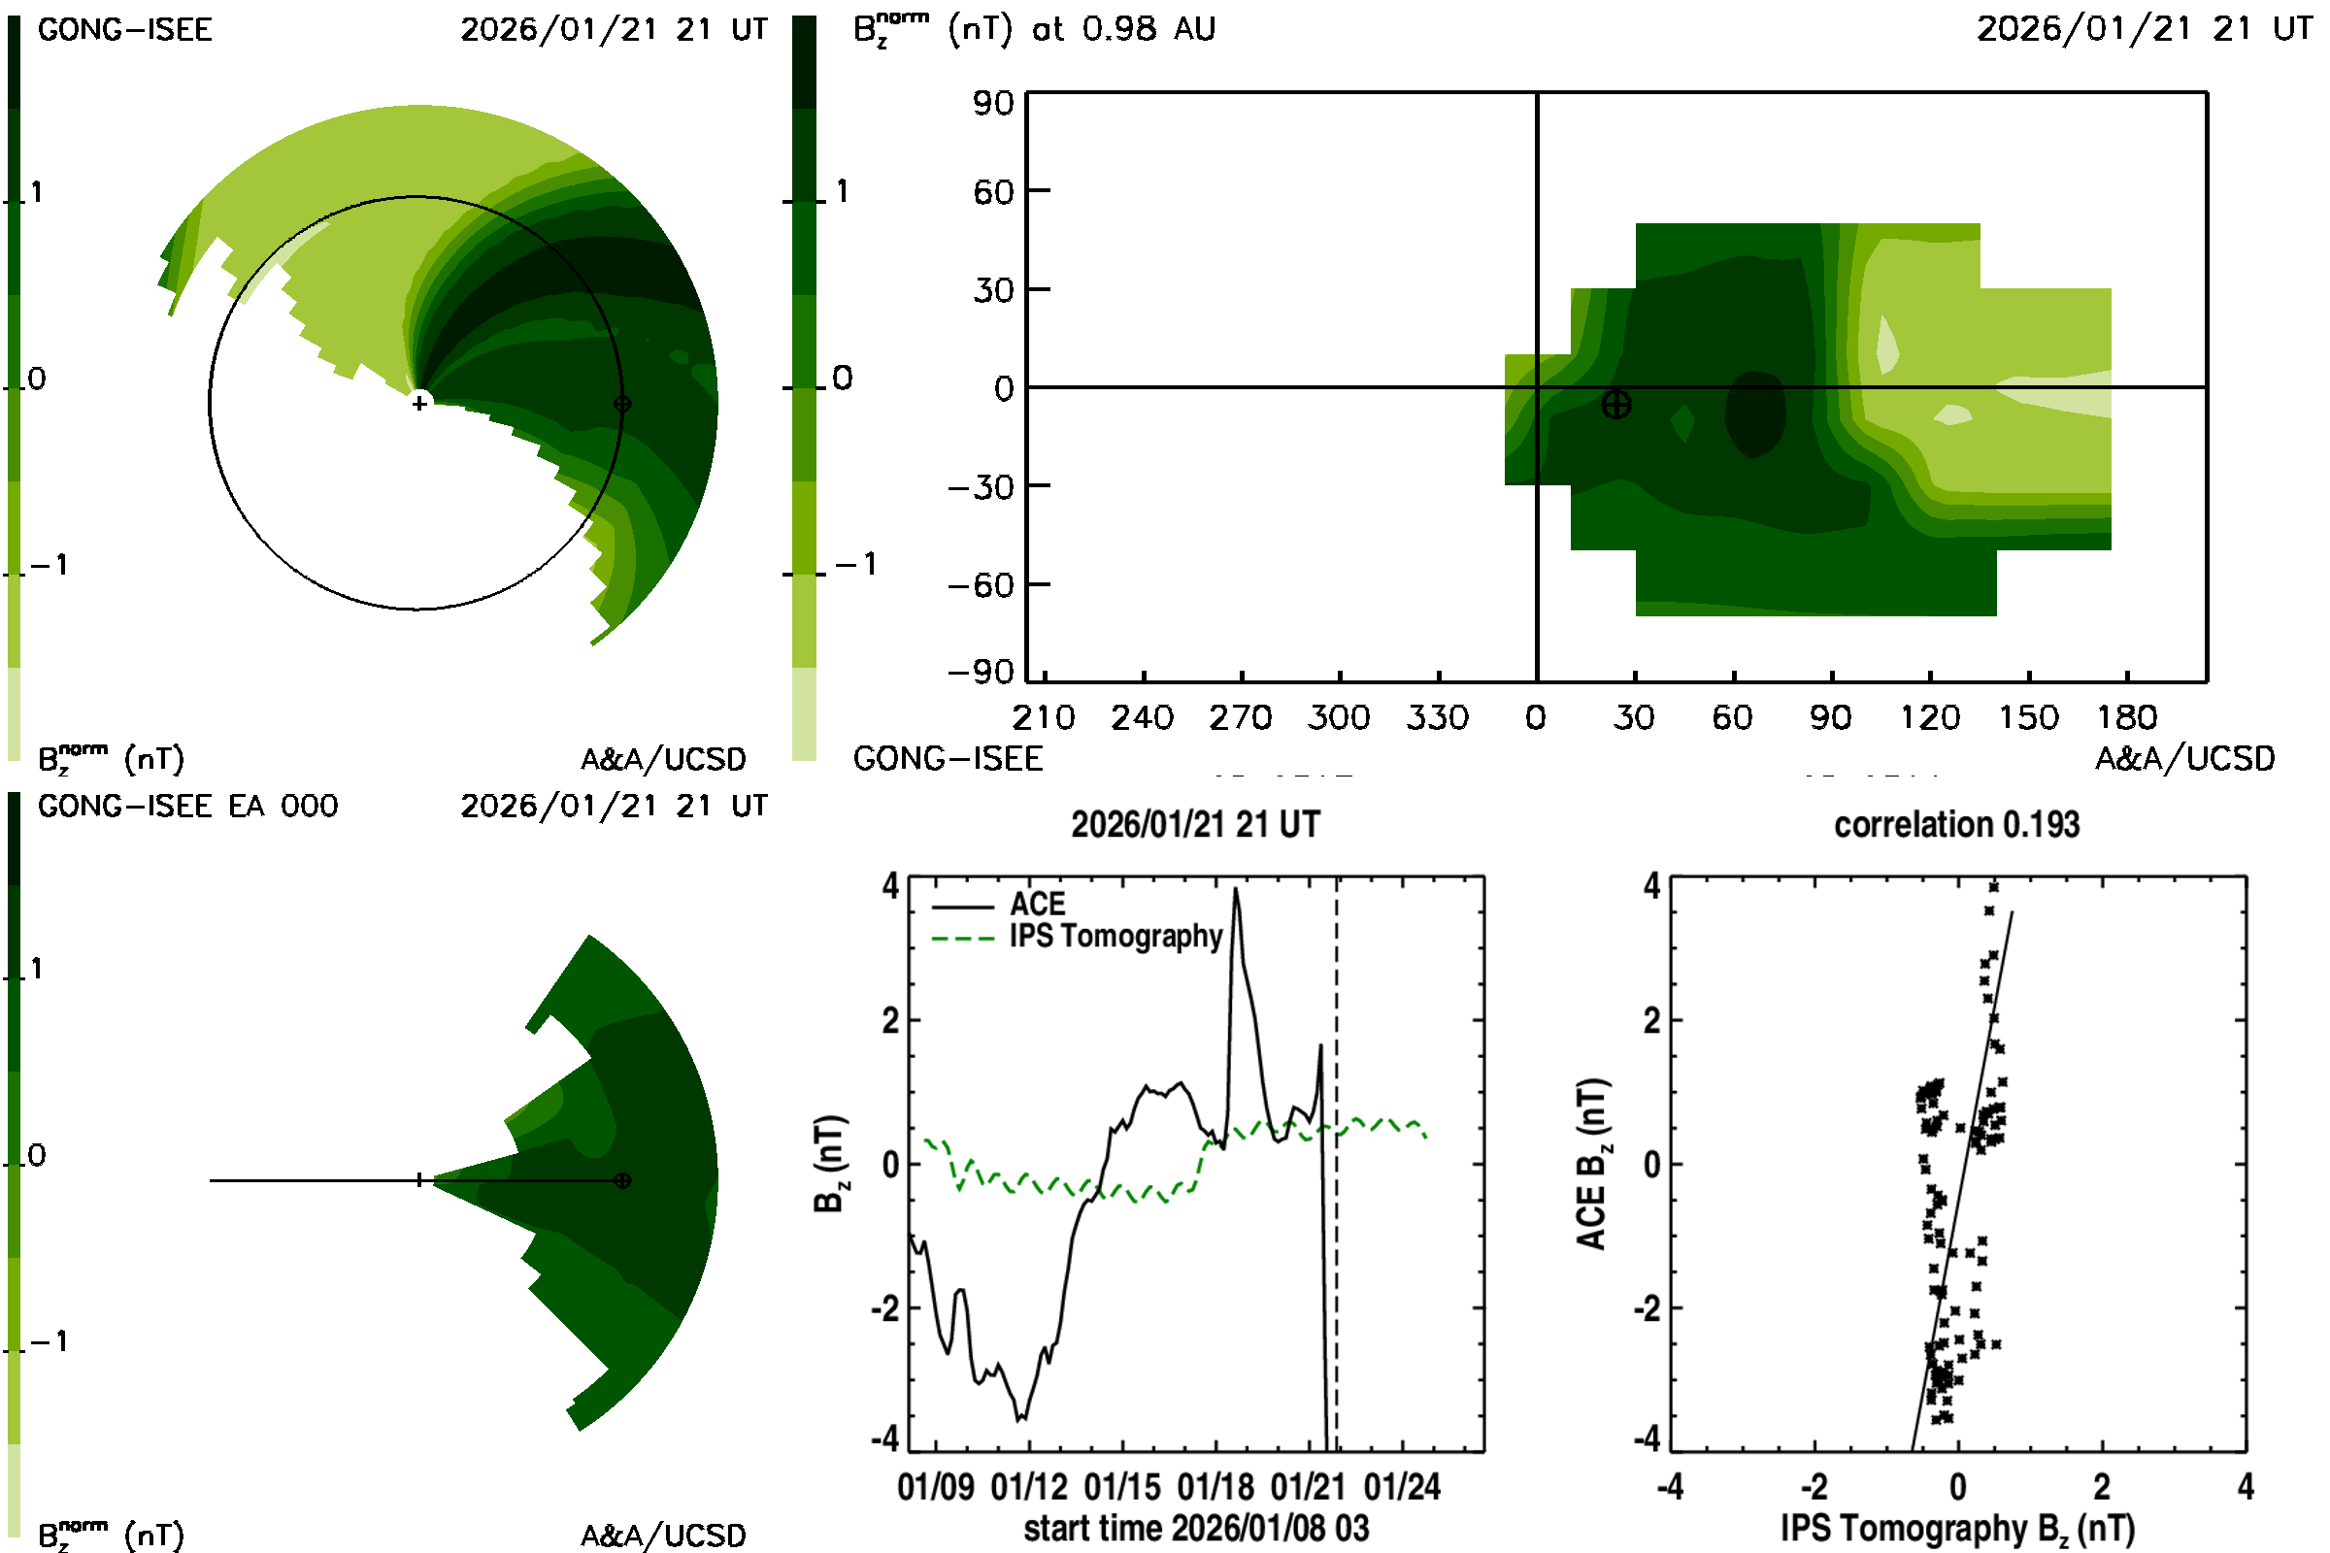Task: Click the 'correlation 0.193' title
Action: click(1955, 825)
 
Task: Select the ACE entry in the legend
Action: click(1036, 905)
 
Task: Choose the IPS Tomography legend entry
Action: click(1115, 936)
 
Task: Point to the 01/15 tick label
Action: click(1121, 1487)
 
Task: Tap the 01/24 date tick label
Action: click(1402, 1487)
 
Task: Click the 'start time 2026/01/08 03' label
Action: click(1196, 1528)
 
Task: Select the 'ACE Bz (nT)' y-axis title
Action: click(1591, 1164)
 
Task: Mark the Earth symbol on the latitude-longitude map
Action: click(1615, 404)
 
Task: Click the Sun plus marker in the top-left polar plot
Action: click(419, 403)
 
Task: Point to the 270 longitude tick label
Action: click(1240, 717)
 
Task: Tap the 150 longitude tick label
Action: click(2028, 717)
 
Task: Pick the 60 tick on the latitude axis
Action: click(993, 191)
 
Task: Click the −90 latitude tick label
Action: click(981, 673)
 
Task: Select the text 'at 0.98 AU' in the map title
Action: click(1123, 29)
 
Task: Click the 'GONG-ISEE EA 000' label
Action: click(187, 807)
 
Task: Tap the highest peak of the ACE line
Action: click(1235, 889)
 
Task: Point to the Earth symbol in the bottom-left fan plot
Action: click(622, 1180)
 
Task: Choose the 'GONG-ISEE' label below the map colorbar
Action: click(948, 759)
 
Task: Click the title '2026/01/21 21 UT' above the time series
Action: click(1195, 825)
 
